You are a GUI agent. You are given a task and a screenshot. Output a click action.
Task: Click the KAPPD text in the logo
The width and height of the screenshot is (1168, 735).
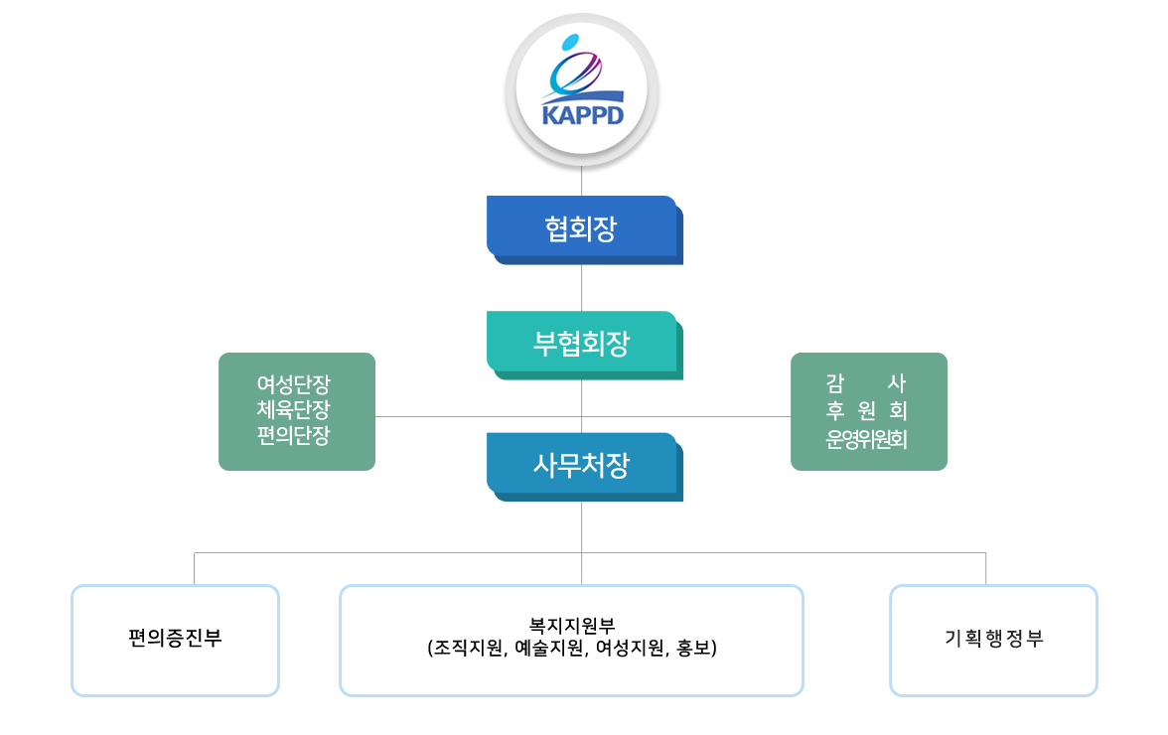582,115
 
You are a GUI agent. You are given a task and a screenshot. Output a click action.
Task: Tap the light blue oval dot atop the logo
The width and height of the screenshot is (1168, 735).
570,43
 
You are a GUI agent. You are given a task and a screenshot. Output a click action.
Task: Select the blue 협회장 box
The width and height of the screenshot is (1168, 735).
585,229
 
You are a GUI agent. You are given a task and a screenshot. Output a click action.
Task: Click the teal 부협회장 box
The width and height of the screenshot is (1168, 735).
585,345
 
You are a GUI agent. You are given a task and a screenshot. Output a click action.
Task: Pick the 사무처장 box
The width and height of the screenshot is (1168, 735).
585,466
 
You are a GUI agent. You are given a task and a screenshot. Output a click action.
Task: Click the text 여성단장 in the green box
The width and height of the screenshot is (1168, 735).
294,384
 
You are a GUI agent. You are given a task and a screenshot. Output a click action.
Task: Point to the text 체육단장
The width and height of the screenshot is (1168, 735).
294,409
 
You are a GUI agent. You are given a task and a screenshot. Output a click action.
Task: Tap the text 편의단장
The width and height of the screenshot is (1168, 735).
294,435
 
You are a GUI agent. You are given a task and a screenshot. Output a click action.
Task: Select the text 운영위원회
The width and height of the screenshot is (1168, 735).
866,439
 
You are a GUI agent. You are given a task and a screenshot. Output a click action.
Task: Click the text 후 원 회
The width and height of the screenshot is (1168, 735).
866,410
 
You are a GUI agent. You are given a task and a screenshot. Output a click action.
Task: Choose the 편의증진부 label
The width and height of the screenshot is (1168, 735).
175,639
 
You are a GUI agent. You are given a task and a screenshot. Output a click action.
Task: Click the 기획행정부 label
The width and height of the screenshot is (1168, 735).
993,639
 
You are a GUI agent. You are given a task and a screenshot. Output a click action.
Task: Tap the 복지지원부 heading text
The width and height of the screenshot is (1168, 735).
572,626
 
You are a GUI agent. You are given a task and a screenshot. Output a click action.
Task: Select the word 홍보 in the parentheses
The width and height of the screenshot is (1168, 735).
693,648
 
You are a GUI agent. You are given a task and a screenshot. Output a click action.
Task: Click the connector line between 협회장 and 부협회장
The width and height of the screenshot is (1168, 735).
582,287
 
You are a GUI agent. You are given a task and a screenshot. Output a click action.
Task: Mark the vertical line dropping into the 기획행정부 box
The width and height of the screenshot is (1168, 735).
985,569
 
